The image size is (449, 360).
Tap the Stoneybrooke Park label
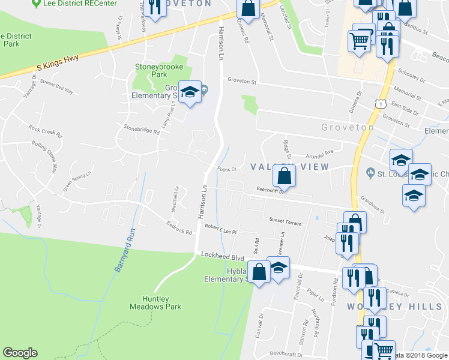(150, 71)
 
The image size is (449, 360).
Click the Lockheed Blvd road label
(222, 256)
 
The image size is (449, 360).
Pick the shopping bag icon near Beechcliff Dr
(285, 176)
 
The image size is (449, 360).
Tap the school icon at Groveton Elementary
(190, 92)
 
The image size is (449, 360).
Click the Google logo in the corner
(20, 353)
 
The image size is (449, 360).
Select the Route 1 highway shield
(380, 104)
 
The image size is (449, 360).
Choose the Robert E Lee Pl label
(221, 229)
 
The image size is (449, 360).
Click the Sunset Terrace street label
(285, 221)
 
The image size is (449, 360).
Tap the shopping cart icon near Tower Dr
(360, 41)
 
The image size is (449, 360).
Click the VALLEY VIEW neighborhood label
(289, 166)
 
